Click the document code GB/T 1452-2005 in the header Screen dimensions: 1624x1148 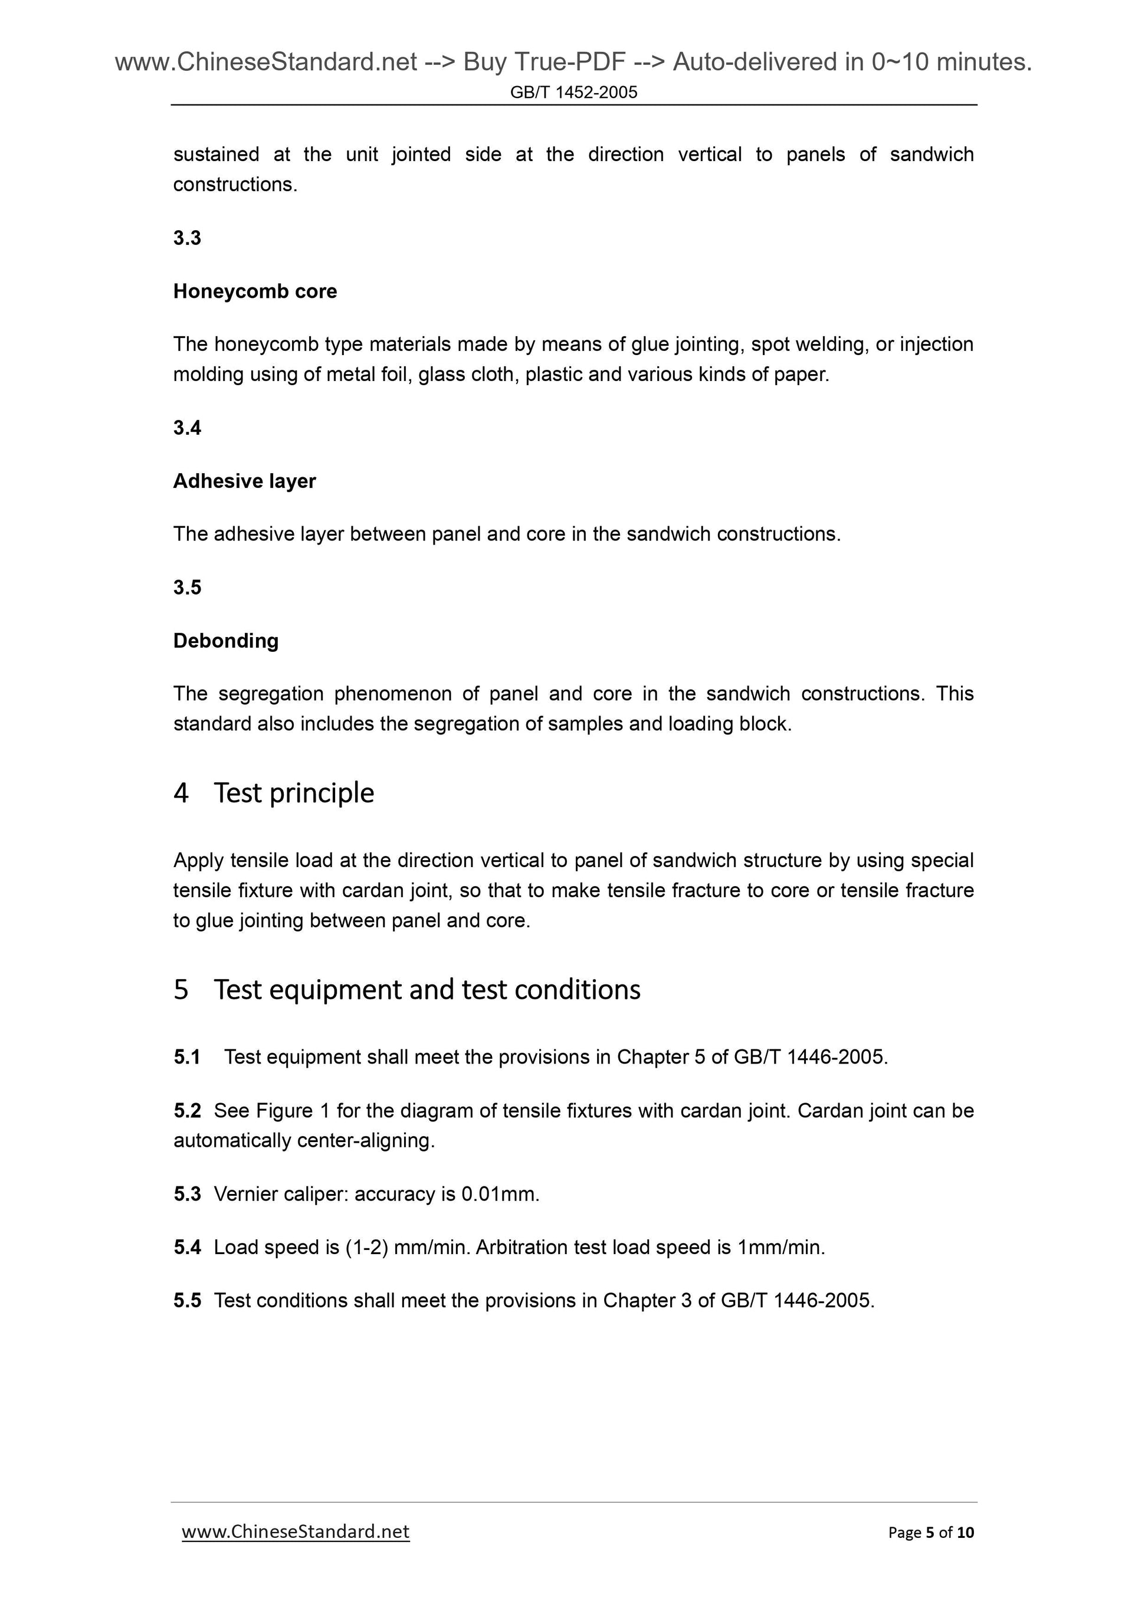[573, 93]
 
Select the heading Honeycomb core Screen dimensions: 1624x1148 [255, 291]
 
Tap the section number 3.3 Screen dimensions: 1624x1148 [187, 238]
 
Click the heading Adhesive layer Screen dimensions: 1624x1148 [244, 481]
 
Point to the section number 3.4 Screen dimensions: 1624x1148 [187, 428]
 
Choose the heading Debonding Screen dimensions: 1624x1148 [225, 641]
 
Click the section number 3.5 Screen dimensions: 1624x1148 [187, 588]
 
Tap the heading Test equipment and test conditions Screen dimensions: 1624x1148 [427, 989]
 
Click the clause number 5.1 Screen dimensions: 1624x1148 [187, 1058]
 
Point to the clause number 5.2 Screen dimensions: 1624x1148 [187, 1111]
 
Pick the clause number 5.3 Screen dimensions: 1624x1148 [187, 1195]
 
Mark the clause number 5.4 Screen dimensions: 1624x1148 [187, 1248]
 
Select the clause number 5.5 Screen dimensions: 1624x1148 [187, 1301]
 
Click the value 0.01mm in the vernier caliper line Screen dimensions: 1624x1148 [500, 1195]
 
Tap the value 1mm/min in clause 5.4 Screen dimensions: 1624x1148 [780, 1248]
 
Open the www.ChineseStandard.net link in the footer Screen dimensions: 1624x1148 [296, 1532]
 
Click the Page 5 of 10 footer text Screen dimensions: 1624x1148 [931, 1533]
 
